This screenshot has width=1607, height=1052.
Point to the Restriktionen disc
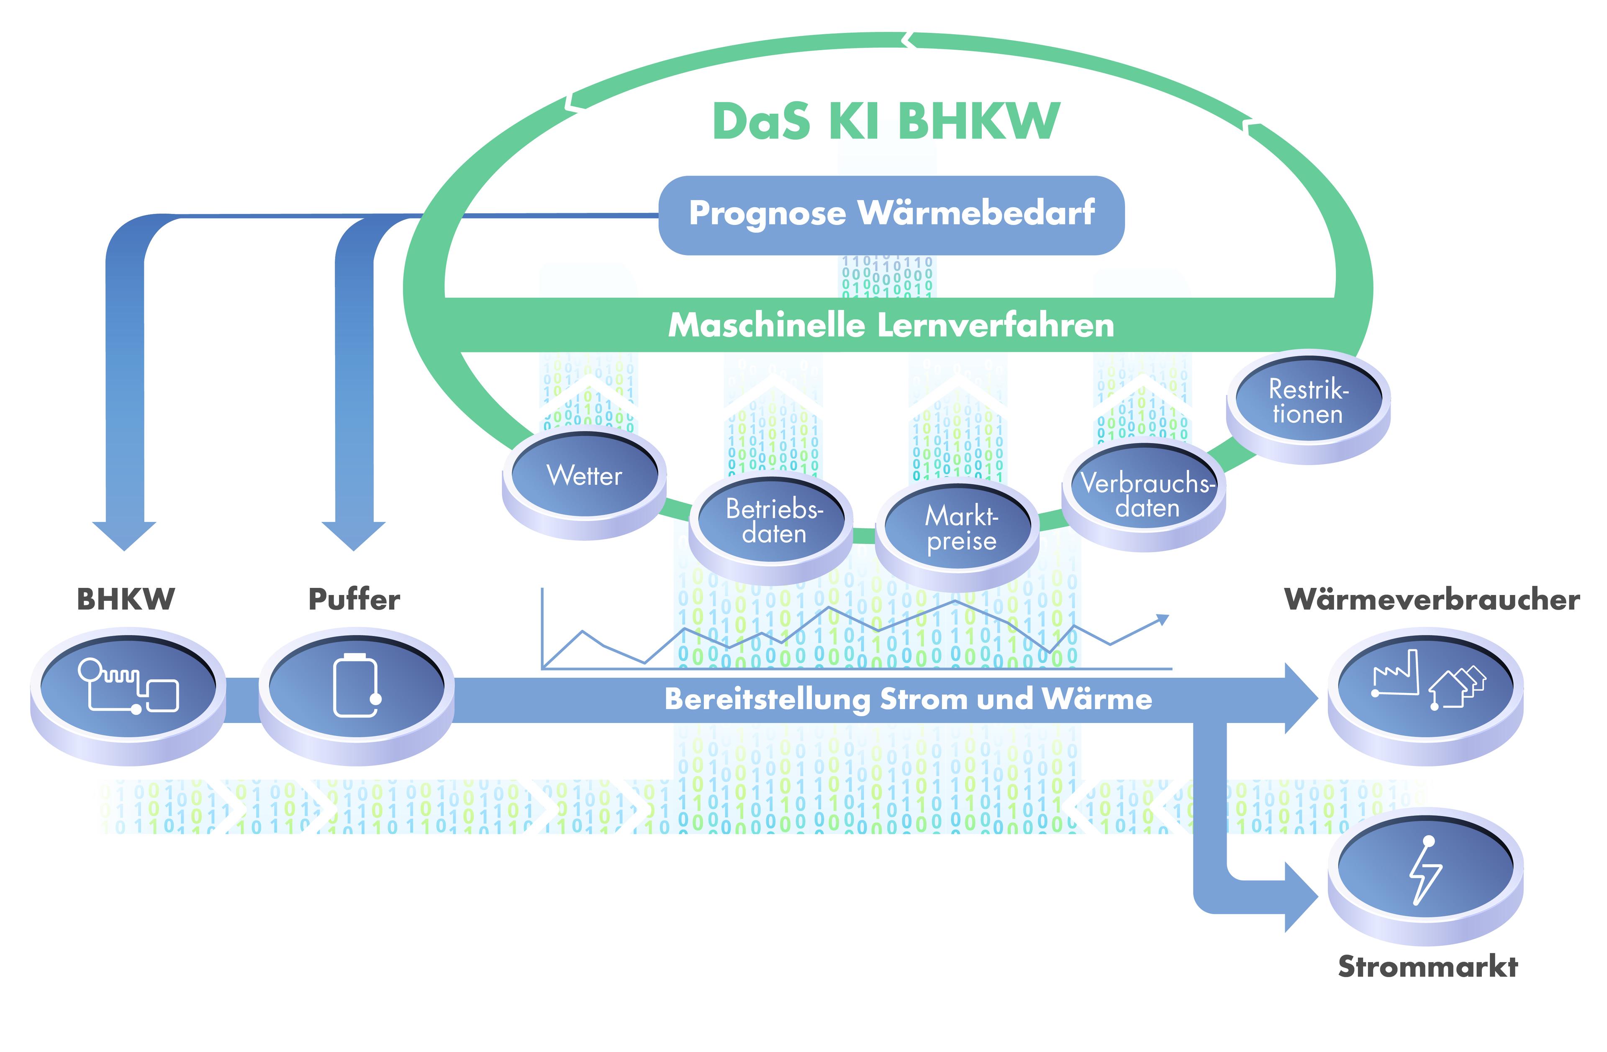(1308, 402)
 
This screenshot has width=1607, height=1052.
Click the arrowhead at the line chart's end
(1162, 619)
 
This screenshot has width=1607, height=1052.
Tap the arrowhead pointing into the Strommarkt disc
(1300, 897)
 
